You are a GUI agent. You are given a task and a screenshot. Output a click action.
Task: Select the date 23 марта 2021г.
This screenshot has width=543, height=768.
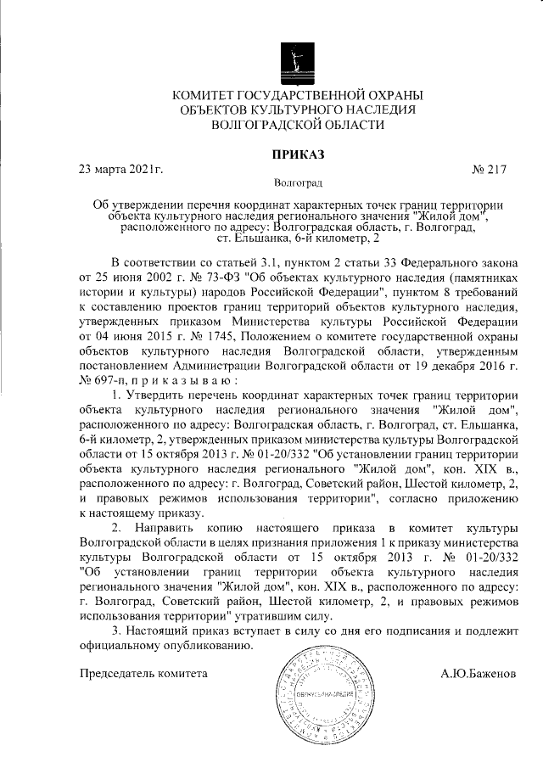(120, 169)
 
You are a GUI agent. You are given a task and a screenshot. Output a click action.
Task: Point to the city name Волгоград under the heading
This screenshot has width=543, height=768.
(297, 182)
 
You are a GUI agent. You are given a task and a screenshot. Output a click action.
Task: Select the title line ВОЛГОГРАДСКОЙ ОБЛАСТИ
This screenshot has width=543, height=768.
(296, 125)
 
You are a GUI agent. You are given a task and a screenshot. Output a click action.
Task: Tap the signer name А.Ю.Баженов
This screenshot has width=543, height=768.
(478, 675)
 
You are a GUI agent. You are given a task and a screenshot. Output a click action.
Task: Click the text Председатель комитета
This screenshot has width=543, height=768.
(143, 675)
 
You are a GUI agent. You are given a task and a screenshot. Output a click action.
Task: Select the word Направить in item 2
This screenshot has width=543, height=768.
(171, 529)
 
